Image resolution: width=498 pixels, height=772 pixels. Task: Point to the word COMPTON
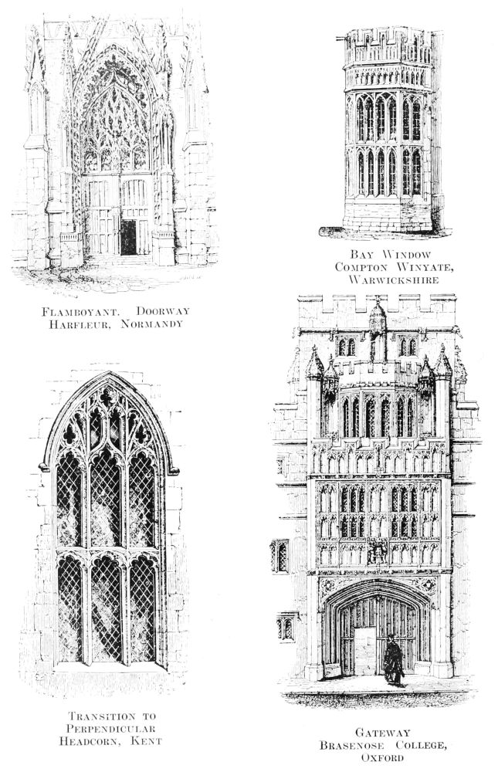coord(360,266)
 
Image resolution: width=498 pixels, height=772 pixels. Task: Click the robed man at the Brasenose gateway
coord(393,660)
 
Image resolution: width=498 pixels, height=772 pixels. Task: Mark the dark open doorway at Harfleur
coord(128,237)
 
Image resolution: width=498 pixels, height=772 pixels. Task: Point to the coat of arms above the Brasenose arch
coord(378,551)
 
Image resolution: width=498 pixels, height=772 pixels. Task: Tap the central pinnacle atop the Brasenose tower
coord(377,317)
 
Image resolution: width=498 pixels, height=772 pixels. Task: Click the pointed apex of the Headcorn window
coord(109,376)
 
